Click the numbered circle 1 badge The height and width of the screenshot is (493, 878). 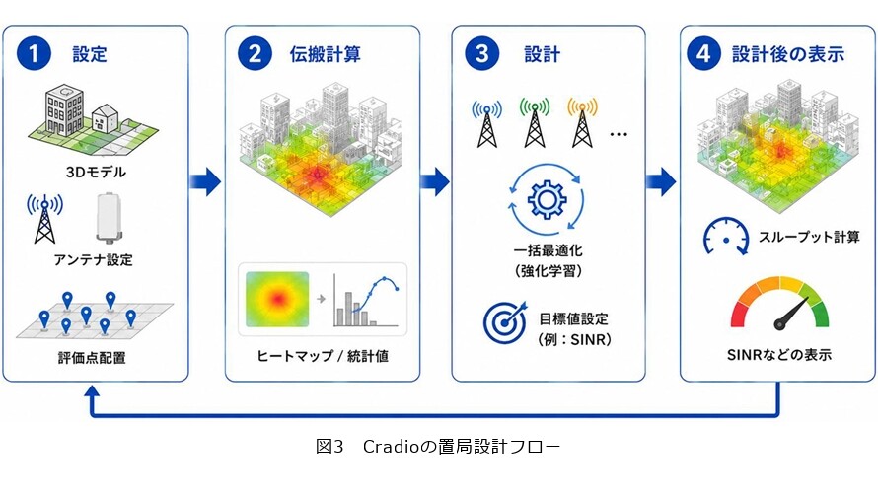(x=34, y=53)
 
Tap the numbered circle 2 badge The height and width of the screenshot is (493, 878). (x=255, y=53)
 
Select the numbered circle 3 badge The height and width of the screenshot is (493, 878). (x=482, y=53)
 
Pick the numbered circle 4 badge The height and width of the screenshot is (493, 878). (x=703, y=53)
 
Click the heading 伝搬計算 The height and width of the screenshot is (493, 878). (x=326, y=54)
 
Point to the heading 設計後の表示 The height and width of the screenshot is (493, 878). (x=788, y=54)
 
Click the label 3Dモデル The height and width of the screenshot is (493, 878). (x=96, y=172)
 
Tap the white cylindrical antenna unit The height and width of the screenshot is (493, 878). (x=110, y=217)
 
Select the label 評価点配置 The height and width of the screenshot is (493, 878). (x=92, y=358)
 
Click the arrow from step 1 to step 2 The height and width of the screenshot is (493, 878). (x=205, y=181)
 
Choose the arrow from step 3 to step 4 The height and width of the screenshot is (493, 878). (x=661, y=181)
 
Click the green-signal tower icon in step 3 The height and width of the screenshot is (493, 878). (x=535, y=122)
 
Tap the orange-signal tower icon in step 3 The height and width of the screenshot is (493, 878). (x=582, y=122)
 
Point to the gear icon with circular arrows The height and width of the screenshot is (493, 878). (x=547, y=199)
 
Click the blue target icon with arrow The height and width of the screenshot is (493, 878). (x=505, y=321)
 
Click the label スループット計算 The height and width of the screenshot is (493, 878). (x=809, y=238)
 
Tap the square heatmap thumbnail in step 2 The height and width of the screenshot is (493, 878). (x=277, y=300)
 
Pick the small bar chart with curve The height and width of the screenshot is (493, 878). (x=366, y=301)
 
